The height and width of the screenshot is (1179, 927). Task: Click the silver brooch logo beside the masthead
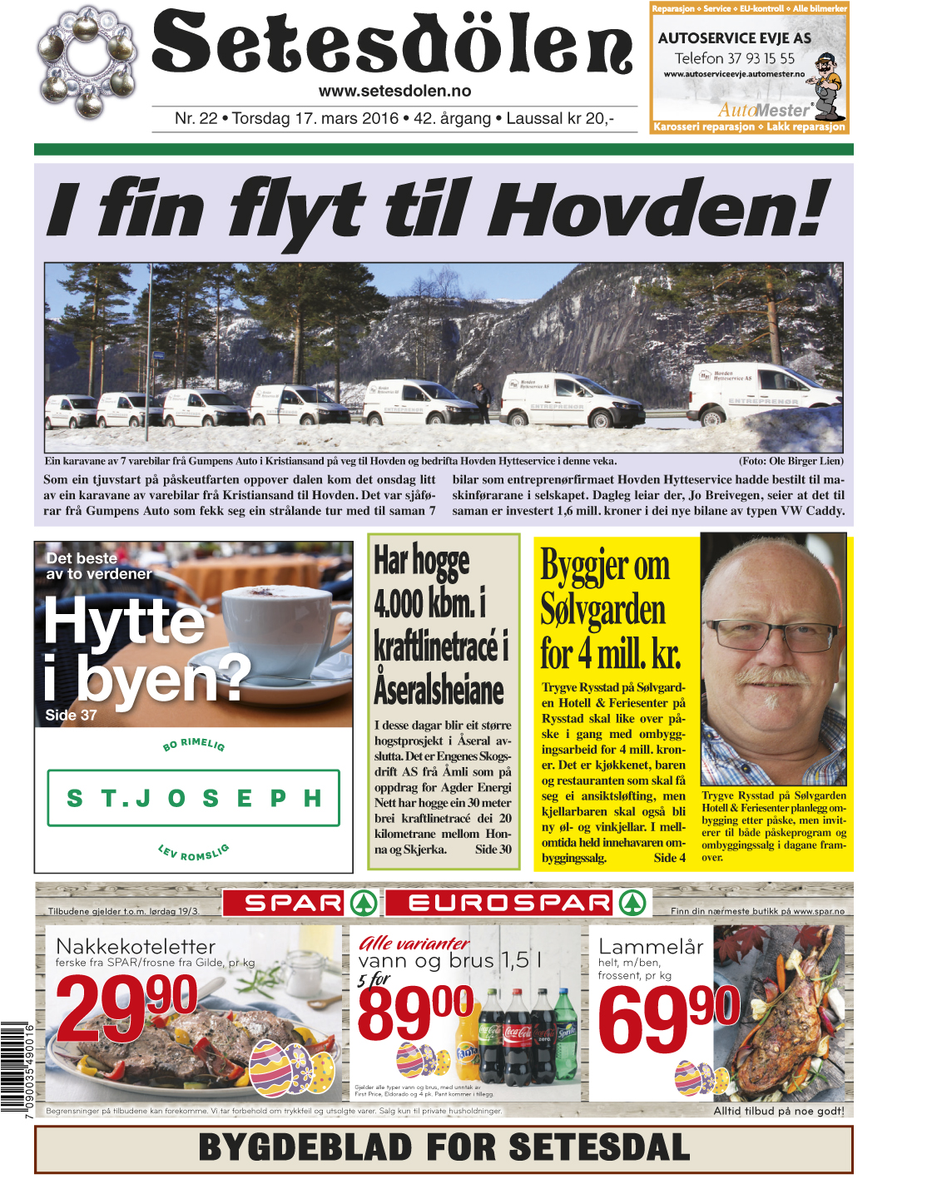pos(87,62)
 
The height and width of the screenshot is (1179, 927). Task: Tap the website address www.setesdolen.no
pos(394,91)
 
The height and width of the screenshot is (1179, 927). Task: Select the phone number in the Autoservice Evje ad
pos(734,58)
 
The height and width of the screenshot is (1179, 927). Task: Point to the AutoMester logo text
pos(764,110)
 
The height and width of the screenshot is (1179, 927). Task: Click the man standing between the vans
pos(481,401)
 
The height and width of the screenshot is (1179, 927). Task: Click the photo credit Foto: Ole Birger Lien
pos(791,461)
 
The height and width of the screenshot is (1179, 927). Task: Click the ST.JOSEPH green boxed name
pos(194,798)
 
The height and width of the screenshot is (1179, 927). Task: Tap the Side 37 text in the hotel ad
pos(71,715)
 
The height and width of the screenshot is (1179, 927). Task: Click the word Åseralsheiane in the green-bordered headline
pos(439,689)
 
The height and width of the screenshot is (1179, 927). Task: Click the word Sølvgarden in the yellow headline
pos(602,610)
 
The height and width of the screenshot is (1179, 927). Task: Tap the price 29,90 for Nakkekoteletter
pos(126,1006)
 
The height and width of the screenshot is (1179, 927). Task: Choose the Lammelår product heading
pos(651,947)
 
